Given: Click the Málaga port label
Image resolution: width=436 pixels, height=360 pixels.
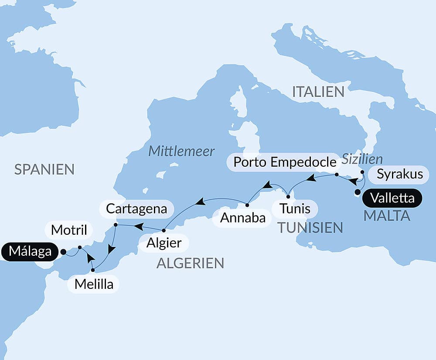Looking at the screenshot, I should (30, 252).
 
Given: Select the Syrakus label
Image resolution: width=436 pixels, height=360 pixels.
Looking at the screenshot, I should (400, 174).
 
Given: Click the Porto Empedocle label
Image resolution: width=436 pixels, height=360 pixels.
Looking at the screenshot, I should (285, 162).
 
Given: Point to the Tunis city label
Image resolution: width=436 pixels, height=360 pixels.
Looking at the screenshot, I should (295, 209).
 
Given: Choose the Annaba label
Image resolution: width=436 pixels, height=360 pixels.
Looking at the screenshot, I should (243, 218).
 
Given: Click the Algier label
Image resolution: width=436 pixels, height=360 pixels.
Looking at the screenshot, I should (164, 242).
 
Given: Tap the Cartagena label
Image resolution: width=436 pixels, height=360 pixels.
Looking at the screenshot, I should (136, 209).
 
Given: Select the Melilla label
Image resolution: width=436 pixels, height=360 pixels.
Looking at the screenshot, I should (94, 284).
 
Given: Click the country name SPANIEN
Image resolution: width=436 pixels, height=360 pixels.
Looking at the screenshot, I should (44, 169).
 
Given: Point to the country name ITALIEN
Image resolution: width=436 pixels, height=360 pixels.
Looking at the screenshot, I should (318, 92).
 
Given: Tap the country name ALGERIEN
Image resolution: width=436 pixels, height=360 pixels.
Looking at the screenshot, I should (190, 263).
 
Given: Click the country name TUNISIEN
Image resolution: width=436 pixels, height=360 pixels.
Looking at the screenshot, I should (310, 227).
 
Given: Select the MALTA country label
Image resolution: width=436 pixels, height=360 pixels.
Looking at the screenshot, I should (387, 216).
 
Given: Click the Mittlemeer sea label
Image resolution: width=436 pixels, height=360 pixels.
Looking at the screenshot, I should (181, 151).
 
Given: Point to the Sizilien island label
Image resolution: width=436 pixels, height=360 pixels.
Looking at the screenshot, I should (362, 159).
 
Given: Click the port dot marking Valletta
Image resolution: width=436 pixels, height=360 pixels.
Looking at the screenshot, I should (358, 192).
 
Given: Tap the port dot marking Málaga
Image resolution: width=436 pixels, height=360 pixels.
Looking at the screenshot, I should (63, 252).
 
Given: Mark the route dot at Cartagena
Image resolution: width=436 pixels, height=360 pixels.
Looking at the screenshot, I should (116, 225).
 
